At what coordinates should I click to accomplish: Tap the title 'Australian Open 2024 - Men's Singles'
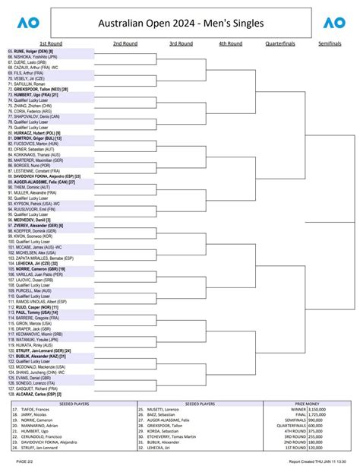click(181, 24)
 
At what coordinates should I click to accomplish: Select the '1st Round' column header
click(51, 43)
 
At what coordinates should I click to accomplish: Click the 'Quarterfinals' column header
click(281, 43)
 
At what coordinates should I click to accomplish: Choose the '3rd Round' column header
click(181, 43)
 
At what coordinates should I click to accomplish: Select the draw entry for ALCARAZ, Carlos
click(39, 395)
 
